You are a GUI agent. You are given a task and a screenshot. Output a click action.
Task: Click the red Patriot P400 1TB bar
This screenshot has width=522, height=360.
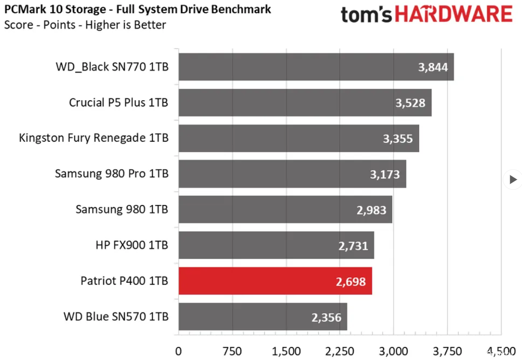(x=275, y=281)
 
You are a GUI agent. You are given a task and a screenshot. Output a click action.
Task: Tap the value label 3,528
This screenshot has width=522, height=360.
(x=410, y=102)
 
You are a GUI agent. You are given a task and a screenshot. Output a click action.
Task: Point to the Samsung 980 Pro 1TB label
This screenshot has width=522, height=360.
(x=112, y=174)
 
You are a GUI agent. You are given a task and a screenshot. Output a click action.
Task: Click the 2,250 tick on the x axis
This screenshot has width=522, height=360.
(x=340, y=351)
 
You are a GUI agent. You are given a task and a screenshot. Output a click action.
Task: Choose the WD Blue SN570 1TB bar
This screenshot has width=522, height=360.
(x=262, y=317)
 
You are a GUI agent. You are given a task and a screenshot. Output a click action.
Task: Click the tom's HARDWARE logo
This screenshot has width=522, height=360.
(x=426, y=15)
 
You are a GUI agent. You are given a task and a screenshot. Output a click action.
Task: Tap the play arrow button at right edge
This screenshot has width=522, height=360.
(x=513, y=180)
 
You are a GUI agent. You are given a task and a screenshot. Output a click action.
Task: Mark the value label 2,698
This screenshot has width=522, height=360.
(x=351, y=281)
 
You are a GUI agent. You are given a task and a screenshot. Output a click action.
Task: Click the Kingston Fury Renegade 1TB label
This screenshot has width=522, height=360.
(x=94, y=138)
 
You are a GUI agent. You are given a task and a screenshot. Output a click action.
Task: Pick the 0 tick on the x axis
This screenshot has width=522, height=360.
(x=178, y=351)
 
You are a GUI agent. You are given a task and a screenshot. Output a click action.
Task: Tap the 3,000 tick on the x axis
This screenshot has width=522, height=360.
(x=394, y=351)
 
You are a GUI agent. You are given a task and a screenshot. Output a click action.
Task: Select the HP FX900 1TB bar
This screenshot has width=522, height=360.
(x=276, y=245)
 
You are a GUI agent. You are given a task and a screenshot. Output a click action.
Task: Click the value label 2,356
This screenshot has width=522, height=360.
(x=326, y=317)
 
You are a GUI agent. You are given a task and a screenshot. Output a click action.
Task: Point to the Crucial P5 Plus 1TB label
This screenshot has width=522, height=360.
(x=118, y=102)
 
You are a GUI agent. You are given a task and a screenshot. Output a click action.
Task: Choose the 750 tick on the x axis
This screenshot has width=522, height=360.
(x=232, y=351)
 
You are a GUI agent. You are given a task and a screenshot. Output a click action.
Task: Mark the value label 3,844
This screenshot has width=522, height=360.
(x=433, y=67)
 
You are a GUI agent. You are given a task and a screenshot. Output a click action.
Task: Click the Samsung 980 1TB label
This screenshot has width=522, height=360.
(x=122, y=210)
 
